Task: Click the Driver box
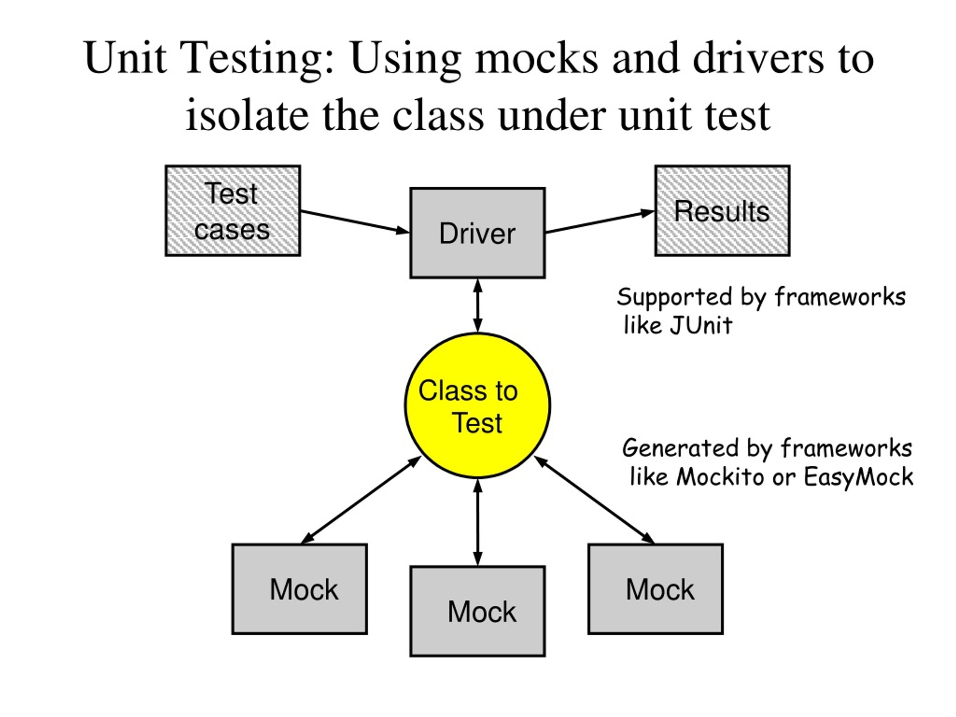[x=477, y=233]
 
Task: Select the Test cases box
[x=233, y=211]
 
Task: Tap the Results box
[x=722, y=211]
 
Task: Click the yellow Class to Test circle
[x=477, y=406]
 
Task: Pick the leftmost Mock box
[x=299, y=589]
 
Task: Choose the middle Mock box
[x=477, y=611]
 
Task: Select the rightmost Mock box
[x=655, y=589]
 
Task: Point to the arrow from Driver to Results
[x=600, y=222]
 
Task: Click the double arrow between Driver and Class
[x=477, y=305]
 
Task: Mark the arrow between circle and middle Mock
[x=477, y=522]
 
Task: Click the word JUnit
[x=701, y=325]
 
